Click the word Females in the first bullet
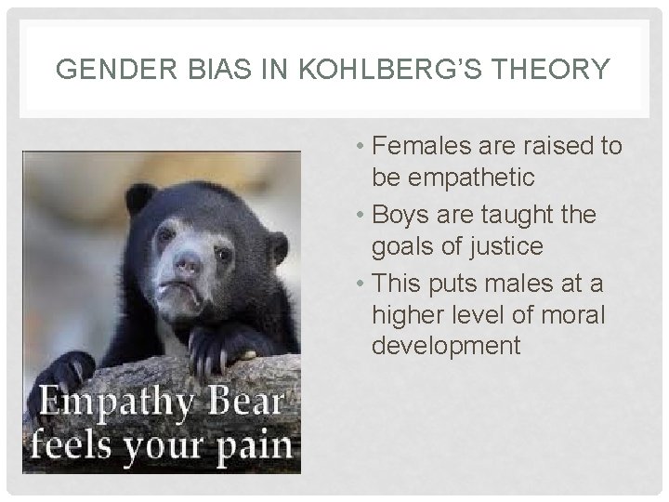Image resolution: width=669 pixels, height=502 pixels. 418,147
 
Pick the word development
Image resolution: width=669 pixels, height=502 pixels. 446,346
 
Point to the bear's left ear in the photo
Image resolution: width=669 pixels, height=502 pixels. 140,198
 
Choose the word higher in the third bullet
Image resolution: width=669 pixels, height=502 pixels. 410,313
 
